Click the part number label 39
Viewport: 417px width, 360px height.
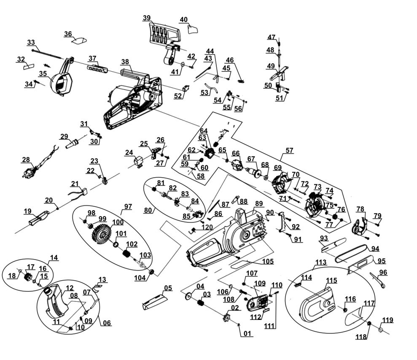click(147, 18)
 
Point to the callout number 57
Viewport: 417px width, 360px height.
click(290, 150)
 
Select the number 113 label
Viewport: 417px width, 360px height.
click(321, 262)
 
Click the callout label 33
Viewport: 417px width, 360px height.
click(31, 42)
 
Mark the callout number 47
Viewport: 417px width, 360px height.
click(272, 37)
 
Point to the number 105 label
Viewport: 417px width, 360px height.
click(268, 262)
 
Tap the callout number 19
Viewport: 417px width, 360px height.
click(28, 211)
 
